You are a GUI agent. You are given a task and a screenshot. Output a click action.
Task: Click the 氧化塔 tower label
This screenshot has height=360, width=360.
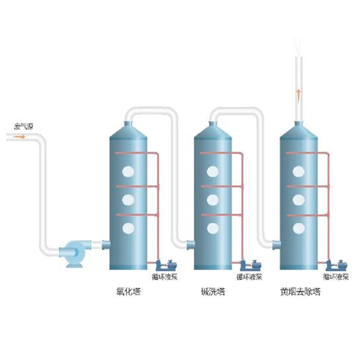pyautogui.click(x=129, y=292)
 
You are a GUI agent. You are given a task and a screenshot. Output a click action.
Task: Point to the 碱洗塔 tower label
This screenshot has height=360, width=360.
pyautogui.click(x=213, y=292)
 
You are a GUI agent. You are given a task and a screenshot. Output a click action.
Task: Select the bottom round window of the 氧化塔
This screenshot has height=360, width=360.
pyautogui.click(x=128, y=229)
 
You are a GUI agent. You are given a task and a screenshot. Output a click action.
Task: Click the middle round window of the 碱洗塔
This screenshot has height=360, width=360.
pyautogui.click(x=212, y=199)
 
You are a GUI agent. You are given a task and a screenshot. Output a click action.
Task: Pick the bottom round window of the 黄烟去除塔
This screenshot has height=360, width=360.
pyautogui.click(x=298, y=229)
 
